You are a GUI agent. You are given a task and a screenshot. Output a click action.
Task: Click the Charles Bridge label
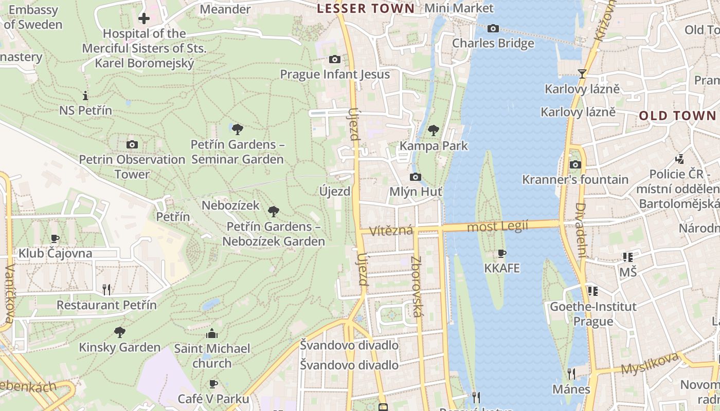point(493,43)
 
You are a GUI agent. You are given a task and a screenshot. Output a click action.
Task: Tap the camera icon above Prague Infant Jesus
point(335,60)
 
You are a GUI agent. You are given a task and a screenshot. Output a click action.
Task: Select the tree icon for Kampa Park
point(434,130)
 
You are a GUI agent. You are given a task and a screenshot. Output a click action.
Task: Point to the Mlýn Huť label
point(416,192)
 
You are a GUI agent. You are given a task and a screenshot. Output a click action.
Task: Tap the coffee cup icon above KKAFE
point(502,253)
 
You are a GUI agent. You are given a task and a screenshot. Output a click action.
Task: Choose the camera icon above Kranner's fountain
point(575,165)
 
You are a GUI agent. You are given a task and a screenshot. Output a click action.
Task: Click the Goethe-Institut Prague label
point(593,314)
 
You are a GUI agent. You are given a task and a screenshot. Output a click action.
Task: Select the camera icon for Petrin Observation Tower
point(132,145)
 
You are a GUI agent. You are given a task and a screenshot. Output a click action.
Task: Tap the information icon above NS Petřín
point(85,96)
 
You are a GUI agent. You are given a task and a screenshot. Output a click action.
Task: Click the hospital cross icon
point(144,19)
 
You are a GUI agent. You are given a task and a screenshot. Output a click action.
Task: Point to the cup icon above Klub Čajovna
point(55,238)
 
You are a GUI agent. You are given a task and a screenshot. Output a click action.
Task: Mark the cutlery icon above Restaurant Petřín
point(106,290)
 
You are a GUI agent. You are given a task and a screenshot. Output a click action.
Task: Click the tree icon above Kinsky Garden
point(120,332)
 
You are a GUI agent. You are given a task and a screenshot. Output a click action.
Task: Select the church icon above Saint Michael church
point(212,334)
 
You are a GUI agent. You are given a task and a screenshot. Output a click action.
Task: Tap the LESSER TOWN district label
point(366,8)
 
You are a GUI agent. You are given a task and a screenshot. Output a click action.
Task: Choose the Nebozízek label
point(230,206)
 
